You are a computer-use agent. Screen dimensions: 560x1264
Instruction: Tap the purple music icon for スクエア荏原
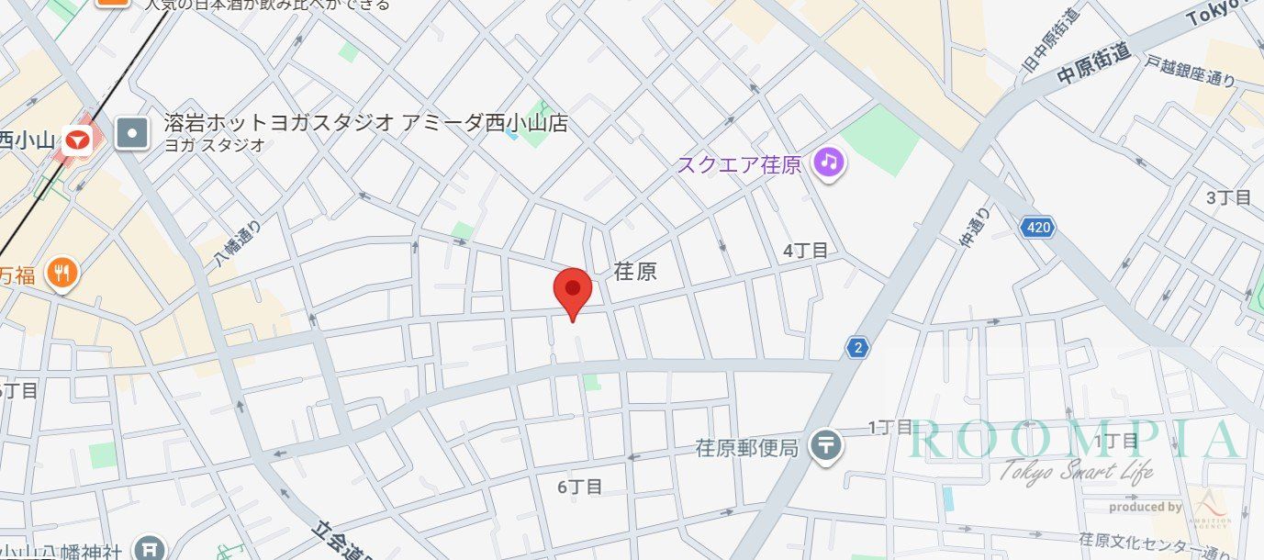pyautogui.click(x=829, y=163)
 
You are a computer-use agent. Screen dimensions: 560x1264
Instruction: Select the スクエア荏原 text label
pyautogui.click(x=739, y=164)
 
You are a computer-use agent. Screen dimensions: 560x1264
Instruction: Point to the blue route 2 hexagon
pyautogui.click(x=857, y=347)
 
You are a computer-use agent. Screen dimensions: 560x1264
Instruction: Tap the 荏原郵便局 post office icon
pyautogui.click(x=827, y=447)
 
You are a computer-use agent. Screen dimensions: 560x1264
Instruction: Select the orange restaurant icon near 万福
pyautogui.click(x=62, y=273)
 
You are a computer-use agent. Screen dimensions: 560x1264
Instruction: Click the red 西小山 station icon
pyautogui.click(x=79, y=140)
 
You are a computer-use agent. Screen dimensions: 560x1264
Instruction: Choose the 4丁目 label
pyautogui.click(x=805, y=250)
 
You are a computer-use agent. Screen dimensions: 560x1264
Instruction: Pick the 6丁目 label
pyautogui.click(x=579, y=487)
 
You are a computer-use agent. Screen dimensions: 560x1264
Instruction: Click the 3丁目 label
pyautogui.click(x=1228, y=197)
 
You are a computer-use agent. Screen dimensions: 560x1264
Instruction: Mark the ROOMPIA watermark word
pyautogui.click(x=1074, y=441)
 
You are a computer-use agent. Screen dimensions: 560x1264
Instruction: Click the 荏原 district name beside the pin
pyautogui.click(x=635, y=272)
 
